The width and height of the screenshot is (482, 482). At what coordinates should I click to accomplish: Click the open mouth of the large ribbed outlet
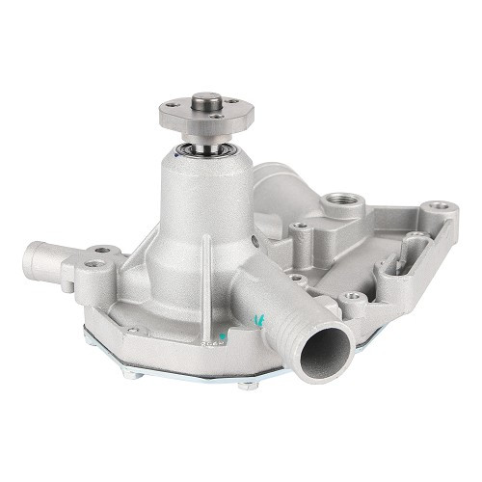point(324,349)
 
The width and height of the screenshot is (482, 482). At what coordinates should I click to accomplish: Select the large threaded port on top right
point(339,202)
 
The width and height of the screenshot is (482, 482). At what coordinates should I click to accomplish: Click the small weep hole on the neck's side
point(254,242)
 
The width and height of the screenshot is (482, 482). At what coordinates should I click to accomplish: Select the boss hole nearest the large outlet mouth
point(354,299)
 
